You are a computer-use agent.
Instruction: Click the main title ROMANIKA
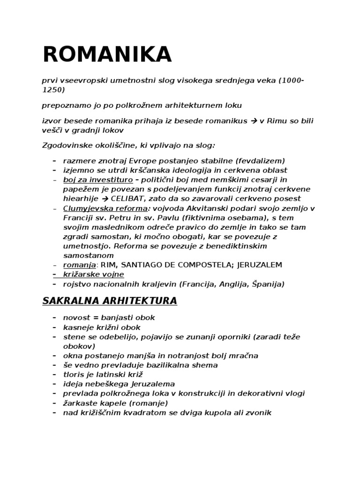point(107,55)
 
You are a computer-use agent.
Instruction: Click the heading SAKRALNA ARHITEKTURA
point(110,300)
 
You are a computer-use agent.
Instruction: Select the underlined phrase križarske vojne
point(94,274)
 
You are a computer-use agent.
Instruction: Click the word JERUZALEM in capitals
point(260,265)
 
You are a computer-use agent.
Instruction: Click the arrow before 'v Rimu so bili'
point(255,121)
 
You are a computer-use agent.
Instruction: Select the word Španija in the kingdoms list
point(267,284)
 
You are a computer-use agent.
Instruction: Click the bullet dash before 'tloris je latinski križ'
point(55,375)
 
